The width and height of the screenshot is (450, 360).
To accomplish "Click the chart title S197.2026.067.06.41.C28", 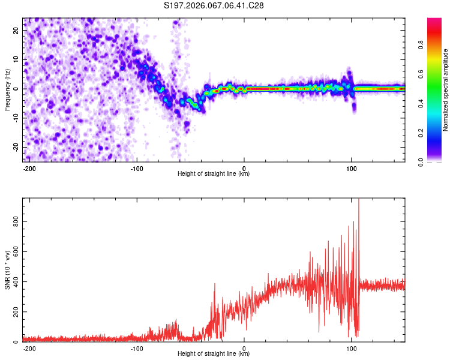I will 214,6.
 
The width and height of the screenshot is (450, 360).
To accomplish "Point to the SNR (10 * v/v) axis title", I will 7,270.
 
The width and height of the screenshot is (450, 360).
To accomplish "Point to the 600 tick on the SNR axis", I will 14,251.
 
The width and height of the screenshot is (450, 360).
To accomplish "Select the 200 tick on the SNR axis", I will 14,312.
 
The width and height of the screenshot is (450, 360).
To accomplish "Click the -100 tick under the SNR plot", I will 137,348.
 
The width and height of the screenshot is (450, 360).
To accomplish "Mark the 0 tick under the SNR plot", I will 244,348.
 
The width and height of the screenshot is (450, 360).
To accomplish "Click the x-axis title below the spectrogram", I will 214,174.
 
